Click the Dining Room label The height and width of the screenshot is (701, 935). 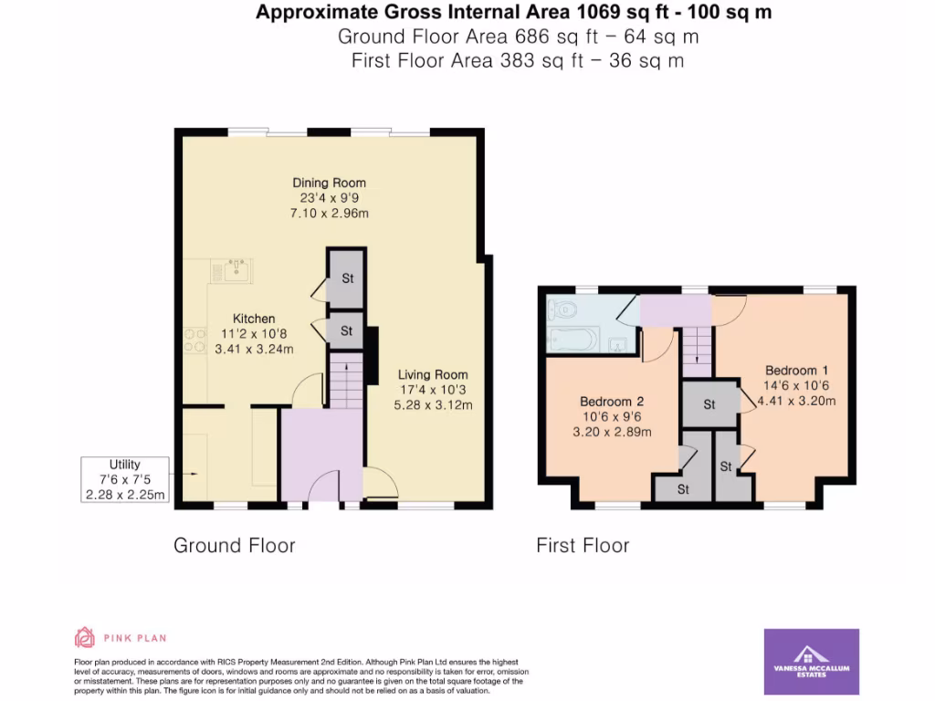[x=329, y=183]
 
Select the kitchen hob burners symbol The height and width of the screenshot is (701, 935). [x=194, y=340]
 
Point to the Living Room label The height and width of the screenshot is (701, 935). [x=433, y=374]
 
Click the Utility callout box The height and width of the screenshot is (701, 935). [x=124, y=479]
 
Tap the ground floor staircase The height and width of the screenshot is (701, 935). [x=345, y=383]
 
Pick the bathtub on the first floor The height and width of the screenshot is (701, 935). [x=573, y=340]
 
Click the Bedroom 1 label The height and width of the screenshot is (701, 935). [x=796, y=371]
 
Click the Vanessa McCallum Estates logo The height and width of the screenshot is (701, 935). [x=810, y=662]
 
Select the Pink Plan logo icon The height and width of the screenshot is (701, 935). [x=84, y=638]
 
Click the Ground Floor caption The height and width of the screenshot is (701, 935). [x=235, y=546]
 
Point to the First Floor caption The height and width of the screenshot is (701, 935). [x=583, y=546]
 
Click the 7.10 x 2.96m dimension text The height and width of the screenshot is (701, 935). [x=329, y=214]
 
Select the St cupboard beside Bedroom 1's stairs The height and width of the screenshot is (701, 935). [x=709, y=404]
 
